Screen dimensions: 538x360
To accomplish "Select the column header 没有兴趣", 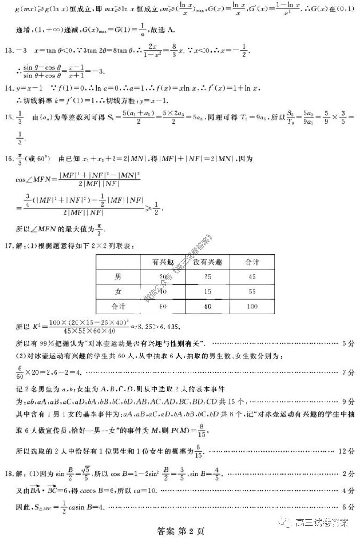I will click(x=208, y=262).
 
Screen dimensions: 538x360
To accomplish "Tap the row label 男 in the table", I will click(x=119, y=277).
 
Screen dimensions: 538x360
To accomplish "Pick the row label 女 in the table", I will click(x=119, y=292).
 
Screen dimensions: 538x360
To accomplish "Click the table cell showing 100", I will click(x=252, y=307).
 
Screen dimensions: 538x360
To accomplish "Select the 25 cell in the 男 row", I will click(x=208, y=277).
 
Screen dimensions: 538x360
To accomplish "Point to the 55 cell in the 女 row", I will click(x=252, y=292).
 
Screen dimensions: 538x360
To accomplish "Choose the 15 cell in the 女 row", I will click(x=208, y=292).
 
